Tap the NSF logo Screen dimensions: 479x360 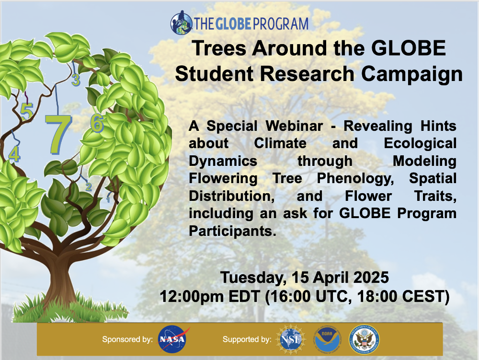[291, 339]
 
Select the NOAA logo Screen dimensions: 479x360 [327, 340]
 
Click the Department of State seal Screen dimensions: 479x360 [364, 339]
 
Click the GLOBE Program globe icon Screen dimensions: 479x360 [182, 23]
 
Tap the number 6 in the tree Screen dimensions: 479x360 [97, 123]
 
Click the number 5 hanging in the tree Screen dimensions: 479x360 [26, 111]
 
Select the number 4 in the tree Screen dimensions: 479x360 [14, 154]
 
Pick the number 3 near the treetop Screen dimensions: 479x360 [76, 80]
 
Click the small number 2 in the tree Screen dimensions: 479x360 [89, 186]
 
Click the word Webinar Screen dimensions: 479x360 [294, 126]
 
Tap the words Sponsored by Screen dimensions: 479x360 [127, 339]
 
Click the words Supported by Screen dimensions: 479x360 [247, 339]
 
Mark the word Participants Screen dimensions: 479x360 [232, 231]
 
